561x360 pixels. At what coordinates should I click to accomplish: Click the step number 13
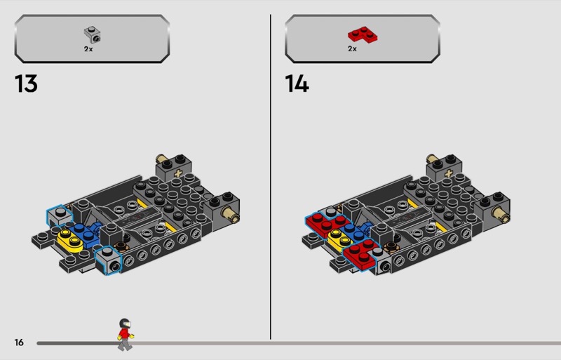point(26,84)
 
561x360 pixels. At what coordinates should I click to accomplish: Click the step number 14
point(297,84)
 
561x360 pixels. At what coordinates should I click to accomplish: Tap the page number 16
point(19,342)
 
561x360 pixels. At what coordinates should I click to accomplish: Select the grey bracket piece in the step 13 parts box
point(93,35)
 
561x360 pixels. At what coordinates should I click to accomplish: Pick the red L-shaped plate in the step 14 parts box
point(363,35)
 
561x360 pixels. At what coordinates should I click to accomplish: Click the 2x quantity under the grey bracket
point(88,49)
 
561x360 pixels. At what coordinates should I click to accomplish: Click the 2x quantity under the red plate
point(353,48)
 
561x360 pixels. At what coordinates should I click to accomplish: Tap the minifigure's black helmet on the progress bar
point(125,323)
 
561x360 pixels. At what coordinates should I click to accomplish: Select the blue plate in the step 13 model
point(86,234)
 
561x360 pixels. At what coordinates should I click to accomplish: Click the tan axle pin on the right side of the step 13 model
point(231,215)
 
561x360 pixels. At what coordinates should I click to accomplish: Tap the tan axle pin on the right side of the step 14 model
point(501,215)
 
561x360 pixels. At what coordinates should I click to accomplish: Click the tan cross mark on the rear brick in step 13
point(178,173)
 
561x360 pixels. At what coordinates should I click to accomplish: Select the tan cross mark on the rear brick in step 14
point(448,173)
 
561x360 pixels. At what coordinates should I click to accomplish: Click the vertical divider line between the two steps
point(271,177)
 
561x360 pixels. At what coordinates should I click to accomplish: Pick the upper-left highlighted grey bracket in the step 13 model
point(60,216)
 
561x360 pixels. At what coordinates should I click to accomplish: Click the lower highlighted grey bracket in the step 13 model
point(109,260)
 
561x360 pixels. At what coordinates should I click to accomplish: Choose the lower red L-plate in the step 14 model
point(360,254)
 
